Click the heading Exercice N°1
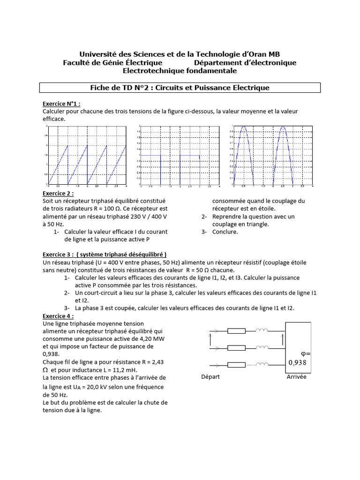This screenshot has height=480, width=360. [x=61, y=104]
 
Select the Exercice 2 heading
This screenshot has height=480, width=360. [x=59, y=194]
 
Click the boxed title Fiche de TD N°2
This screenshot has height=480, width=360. [x=180, y=88]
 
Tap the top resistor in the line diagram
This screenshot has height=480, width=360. [x=236, y=331]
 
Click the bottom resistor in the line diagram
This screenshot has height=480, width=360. [x=236, y=365]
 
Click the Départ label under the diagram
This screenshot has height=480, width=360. [x=210, y=377]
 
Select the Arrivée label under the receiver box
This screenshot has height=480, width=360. [x=297, y=377]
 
